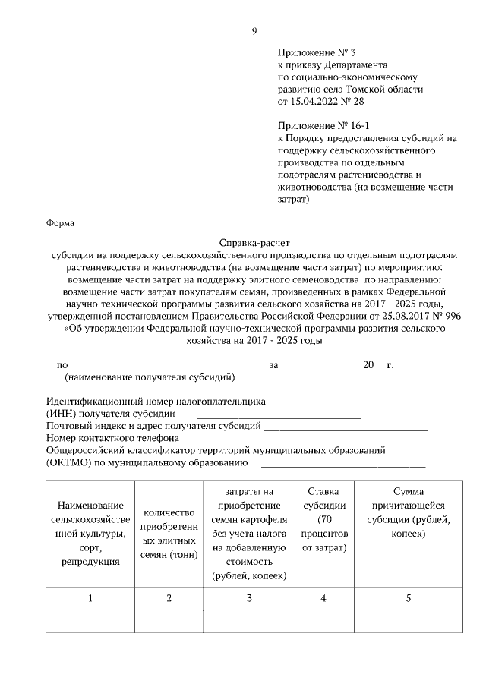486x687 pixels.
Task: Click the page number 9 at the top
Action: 254,30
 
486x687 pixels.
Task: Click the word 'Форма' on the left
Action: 61,223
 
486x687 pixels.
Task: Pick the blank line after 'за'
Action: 320,366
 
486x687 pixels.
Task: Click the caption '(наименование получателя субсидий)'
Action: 150,377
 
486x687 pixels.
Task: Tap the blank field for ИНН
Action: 278,414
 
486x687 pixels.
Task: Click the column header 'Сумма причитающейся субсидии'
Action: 409,512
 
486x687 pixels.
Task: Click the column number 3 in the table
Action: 249,598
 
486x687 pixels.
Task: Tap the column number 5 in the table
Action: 409,598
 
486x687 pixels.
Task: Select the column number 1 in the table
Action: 90,598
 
